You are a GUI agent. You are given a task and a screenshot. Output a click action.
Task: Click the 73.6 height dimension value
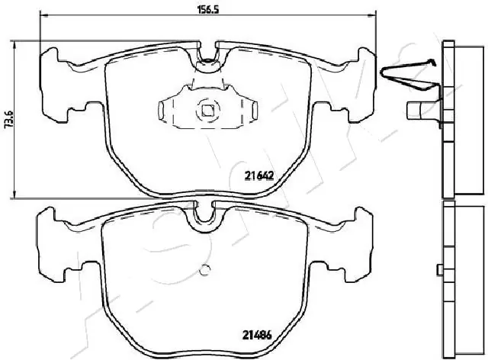click(x=8, y=121)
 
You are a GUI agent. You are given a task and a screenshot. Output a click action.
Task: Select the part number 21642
click(x=259, y=175)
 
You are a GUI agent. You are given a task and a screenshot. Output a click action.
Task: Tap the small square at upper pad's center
click(x=207, y=110)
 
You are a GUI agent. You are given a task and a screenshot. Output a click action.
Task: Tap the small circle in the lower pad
click(x=204, y=268)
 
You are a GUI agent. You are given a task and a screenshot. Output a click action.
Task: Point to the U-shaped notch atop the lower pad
click(x=204, y=216)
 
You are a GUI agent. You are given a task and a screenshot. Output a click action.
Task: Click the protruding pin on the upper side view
click(x=418, y=111)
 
